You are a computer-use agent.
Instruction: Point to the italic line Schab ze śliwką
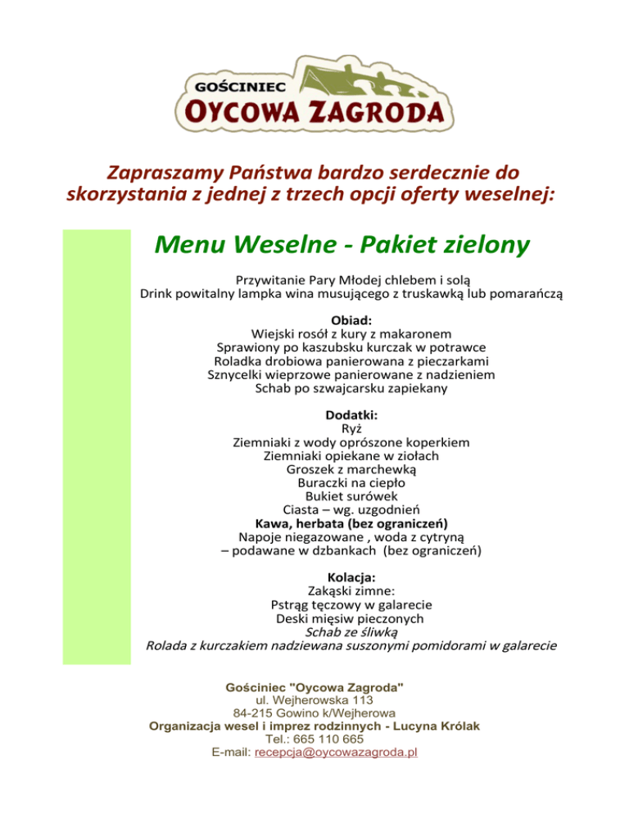point(351,631)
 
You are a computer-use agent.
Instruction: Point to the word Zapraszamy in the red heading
point(153,174)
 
